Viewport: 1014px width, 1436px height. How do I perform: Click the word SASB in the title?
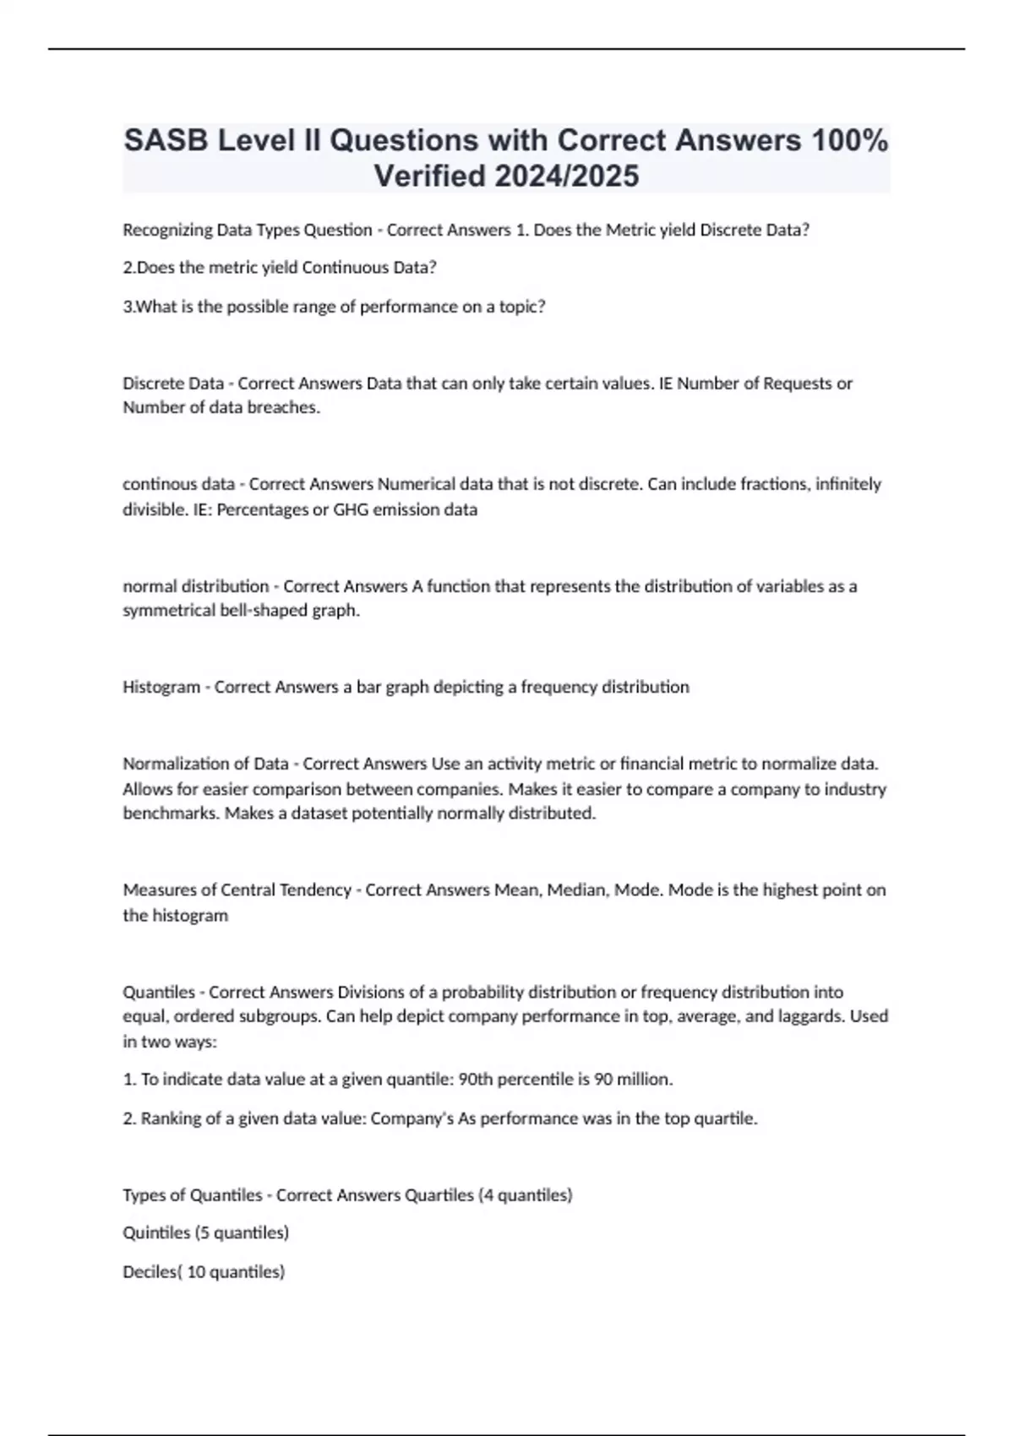pyautogui.click(x=166, y=140)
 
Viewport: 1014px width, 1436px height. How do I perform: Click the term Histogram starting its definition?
pyautogui.click(x=161, y=687)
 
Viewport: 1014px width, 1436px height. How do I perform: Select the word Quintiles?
pyautogui.click(x=156, y=1233)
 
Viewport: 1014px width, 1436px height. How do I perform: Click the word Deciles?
pyautogui.click(x=150, y=1272)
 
